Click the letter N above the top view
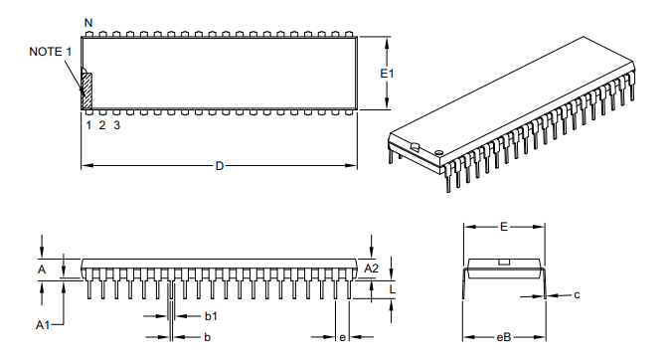(x=88, y=22)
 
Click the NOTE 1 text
(x=51, y=51)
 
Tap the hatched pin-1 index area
(x=86, y=90)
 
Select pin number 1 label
(x=88, y=125)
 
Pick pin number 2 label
(x=102, y=125)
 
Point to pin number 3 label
(x=117, y=125)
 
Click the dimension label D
(x=220, y=165)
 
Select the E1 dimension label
(x=389, y=74)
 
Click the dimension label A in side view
(x=42, y=270)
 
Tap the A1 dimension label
(x=43, y=325)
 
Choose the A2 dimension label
(x=372, y=269)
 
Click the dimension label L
(x=393, y=289)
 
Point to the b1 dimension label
(x=211, y=315)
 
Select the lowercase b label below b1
(x=207, y=338)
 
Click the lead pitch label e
(x=343, y=338)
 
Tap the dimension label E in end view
(x=504, y=228)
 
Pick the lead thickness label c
(x=577, y=294)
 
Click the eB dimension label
(x=504, y=338)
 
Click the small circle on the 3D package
(x=438, y=150)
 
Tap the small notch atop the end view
(x=504, y=262)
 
